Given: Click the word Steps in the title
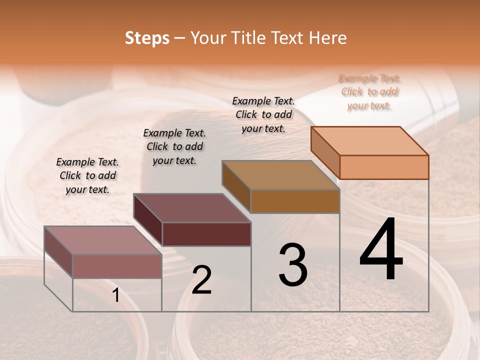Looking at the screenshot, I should pyautogui.click(x=147, y=38).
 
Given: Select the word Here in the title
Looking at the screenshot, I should pyautogui.click(x=327, y=38).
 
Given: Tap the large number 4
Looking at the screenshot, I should pyautogui.click(x=381, y=250).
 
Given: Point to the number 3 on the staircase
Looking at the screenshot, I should pyautogui.click(x=292, y=265).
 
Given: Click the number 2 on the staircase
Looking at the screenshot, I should pyautogui.click(x=201, y=280).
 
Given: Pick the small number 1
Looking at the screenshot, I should pyautogui.click(x=115, y=295).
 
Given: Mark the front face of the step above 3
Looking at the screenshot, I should pyautogui.click(x=295, y=201).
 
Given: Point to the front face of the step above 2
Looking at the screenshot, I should pyautogui.click(x=206, y=234).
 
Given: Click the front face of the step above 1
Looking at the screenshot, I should pyautogui.click(x=117, y=266).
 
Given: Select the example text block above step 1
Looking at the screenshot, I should pyautogui.click(x=87, y=176).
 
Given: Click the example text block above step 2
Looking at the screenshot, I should pyautogui.click(x=174, y=147).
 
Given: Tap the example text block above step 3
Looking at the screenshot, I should pyautogui.click(x=263, y=114).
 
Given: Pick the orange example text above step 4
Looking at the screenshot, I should pyautogui.click(x=369, y=92).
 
